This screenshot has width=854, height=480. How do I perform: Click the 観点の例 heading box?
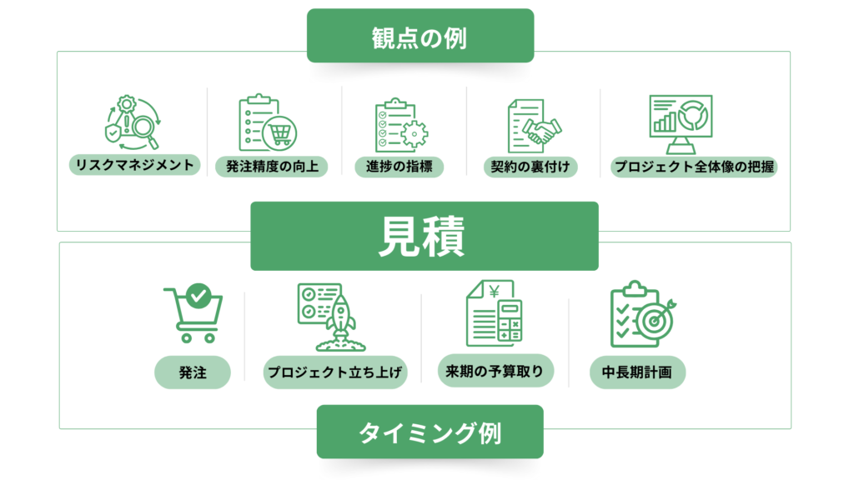(419, 37)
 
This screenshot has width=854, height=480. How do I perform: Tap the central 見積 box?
(424, 237)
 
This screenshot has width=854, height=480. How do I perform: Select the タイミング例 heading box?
(430, 432)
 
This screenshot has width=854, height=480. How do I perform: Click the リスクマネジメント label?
(134, 164)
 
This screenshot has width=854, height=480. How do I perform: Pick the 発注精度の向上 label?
(271, 166)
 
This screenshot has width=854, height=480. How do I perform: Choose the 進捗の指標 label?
(399, 166)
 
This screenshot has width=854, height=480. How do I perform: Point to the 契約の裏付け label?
(531, 166)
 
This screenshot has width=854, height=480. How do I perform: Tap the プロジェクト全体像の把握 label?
(694, 166)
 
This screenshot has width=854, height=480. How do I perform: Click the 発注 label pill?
(192, 372)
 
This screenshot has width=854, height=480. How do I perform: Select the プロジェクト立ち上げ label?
(336, 372)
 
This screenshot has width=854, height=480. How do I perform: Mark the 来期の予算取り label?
(495, 370)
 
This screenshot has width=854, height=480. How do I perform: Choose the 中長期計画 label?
(637, 372)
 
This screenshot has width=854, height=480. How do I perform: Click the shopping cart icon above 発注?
(193, 313)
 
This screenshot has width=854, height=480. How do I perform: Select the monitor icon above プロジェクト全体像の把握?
(681, 123)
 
